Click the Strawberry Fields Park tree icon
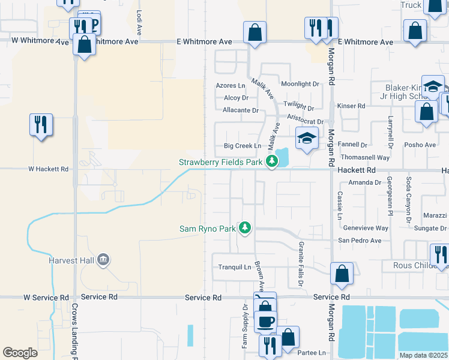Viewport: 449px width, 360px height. [272, 161]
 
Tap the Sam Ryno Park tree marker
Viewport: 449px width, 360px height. [244, 227]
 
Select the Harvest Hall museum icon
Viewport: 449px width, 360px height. [103, 260]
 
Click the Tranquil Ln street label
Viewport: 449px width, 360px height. [234, 267]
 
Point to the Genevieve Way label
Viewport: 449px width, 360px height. [366, 228]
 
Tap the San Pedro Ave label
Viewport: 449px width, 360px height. [360, 241]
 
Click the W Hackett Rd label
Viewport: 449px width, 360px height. [48, 169]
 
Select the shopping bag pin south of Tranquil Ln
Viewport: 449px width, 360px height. [342, 273]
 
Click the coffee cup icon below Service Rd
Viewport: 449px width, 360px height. [265, 320]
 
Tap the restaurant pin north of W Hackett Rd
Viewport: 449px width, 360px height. [41, 125]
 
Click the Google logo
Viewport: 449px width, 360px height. [20, 353]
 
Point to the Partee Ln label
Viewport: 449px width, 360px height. [313, 352]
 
